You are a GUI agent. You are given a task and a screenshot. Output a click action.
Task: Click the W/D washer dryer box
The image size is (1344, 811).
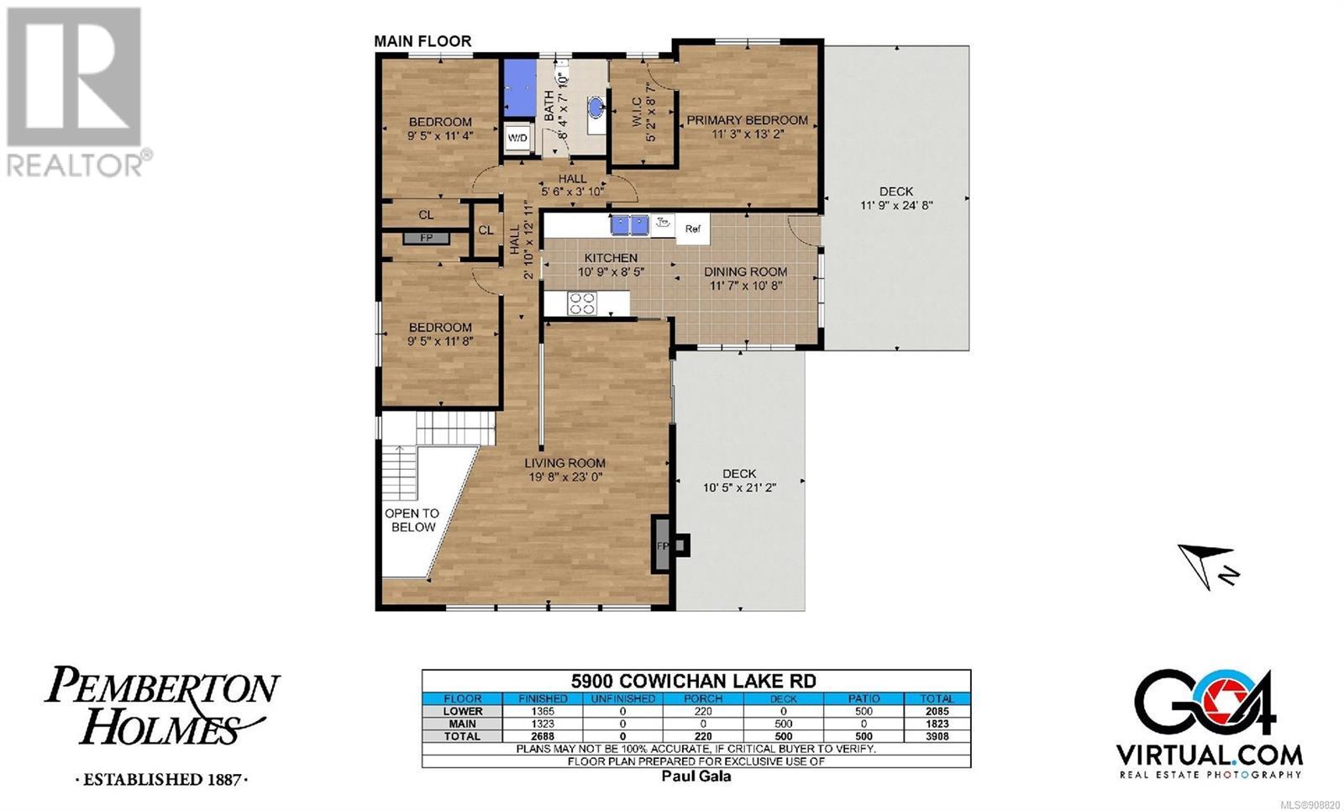pyautogui.click(x=517, y=139)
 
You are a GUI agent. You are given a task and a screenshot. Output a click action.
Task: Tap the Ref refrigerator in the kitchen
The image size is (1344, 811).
pyautogui.click(x=693, y=229)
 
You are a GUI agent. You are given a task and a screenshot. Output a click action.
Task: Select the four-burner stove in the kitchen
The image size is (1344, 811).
pyautogui.click(x=582, y=303)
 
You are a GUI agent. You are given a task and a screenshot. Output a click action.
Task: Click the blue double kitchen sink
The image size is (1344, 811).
pyautogui.click(x=629, y=225)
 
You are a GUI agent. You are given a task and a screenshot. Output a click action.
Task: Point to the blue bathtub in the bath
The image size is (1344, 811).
pyautogui.click(x=520, y=87)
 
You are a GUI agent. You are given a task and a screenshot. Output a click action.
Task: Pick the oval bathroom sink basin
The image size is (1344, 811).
pyautogui.click(x=596, y=108)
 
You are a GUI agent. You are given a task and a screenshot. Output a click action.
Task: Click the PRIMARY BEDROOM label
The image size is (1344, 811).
pyautogui.click(x=747, y=120)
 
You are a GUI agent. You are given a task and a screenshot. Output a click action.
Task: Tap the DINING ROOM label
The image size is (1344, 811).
pyautogui.click(x=745, y=272)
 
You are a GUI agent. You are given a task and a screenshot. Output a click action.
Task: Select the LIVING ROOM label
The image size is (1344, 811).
pyautogui.click(x=564, y=463)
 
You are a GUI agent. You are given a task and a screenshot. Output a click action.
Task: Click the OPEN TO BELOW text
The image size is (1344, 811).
pyautogui.click(x=412, y=520)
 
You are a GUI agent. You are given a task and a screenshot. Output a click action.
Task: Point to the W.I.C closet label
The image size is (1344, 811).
pyautogui.click(x=638, y=112)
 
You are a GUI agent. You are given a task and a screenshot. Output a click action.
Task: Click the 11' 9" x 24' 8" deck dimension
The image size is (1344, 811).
pyautogui.click(x=896, y=205)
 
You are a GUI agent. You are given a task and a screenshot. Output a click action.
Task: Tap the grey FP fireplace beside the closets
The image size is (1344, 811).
pyautogui.click(x=426, y=239)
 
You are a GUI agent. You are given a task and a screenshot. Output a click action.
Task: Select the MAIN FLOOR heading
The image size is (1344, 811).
pyautogui.click(x=423, y=41)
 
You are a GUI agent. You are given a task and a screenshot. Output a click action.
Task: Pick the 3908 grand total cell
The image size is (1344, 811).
pyautogui.click(x=937, y=736)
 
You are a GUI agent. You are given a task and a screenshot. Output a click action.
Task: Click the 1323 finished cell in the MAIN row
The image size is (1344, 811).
pyautogui.click(x=543, y=724)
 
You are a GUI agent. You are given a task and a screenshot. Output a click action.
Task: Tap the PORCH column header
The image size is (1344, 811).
pyautogui.click(x=702, y=698)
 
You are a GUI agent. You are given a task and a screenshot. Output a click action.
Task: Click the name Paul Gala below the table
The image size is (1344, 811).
pyautogui.click(x=696, y=777)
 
